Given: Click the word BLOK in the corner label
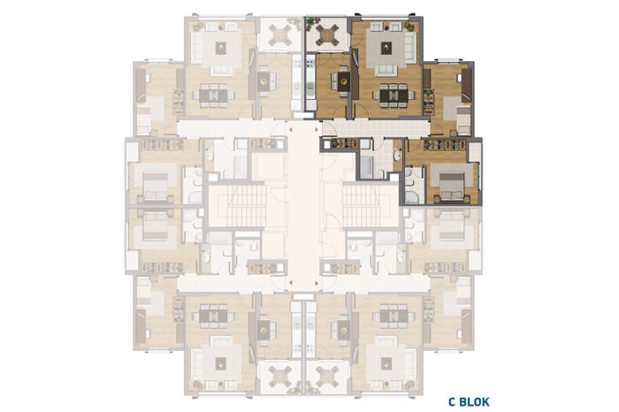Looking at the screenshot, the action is (x=474, y=401).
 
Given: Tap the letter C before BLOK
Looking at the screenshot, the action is (x=452, y=401).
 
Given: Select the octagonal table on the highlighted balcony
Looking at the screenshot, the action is (x=327, y=34).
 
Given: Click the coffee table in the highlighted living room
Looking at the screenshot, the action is (x=386, y=48).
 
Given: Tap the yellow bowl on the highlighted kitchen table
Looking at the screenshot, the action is (x=344, y=82).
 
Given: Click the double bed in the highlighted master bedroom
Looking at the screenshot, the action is (x=452, y=186).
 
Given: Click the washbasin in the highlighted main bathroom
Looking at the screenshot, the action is (x=398, y=156).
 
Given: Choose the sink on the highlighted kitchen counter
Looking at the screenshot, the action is (x=310, y=86).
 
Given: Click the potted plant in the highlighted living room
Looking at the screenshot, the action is (x=409, y=27).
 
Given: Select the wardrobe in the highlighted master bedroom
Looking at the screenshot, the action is (x=447, y=145).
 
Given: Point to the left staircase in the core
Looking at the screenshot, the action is (x=236, y=206).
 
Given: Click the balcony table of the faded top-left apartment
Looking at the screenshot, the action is (x=280, y=34).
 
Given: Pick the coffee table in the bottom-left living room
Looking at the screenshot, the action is (x=221, y=364).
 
